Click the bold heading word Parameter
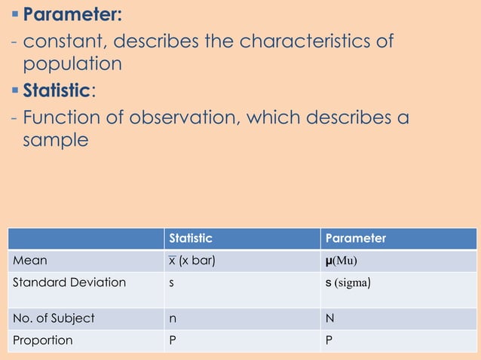(x=72, y=14)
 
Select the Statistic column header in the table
(x=191, y=238)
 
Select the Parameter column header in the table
(x=355, y=238)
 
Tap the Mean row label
(x=29, y=261)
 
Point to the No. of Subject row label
(x=54, y=318)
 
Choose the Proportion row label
(x=43, y=340)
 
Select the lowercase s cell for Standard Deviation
(x=172, y=283)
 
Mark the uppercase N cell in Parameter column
(x=329, y=318)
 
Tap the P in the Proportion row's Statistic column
(x=173, y=340)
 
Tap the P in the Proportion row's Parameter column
(x=329, y=340)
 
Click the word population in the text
(x=72, y=65)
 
